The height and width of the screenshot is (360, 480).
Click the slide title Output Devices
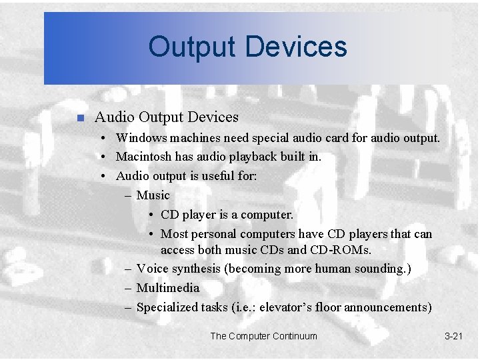click(x=247, y=47)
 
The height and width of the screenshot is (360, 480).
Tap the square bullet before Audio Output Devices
click(x=79, y=119)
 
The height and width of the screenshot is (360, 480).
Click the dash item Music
click(x=153, y=195)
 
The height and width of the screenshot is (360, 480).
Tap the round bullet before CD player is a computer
click(x=153, y=215)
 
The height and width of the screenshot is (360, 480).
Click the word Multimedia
click(x=167, y=288)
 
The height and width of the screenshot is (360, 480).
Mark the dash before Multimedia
click(x=127, y=288)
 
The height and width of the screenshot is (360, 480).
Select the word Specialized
click(x=167, y=307)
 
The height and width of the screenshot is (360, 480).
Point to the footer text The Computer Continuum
click(x=263, y=336)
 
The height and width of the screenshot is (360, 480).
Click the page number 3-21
click(x=453, y=336)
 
